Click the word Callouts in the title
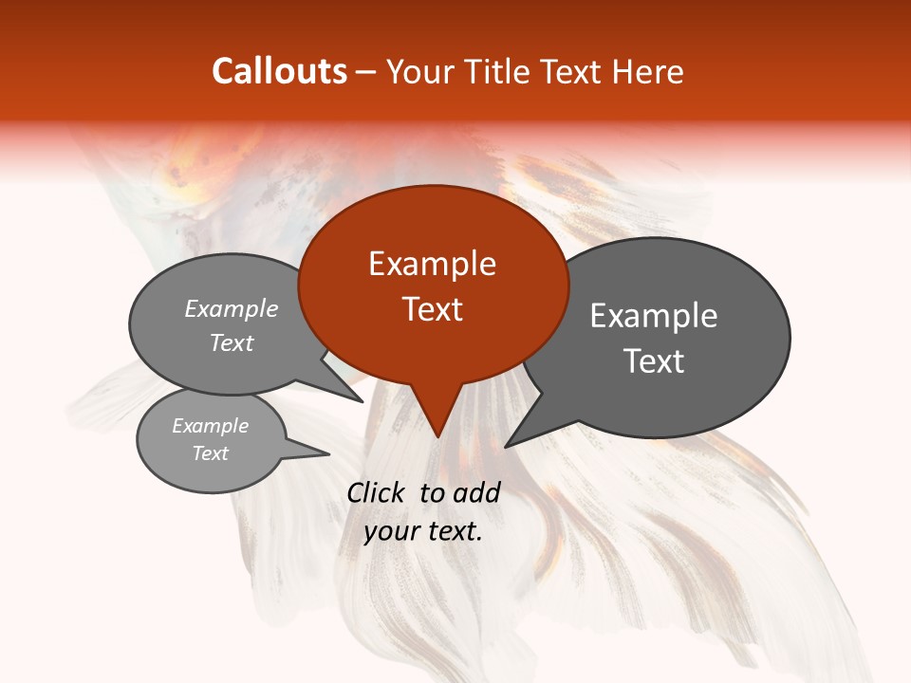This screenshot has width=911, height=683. [x=279, y=71]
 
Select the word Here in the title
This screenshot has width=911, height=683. [x=650, y=71]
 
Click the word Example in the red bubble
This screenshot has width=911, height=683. [x=432, y=264]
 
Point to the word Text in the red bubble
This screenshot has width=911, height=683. [x=432, y=309]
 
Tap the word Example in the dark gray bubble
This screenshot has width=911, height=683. [x=654, y=316]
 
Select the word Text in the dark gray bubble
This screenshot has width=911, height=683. [x=654, y=361]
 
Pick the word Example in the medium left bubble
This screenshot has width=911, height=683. [x=232, y=309]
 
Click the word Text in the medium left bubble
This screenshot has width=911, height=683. [x=232, y=342]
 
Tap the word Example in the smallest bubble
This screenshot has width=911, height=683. [x=211, y=426]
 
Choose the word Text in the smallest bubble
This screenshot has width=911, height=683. [x=211, y=453]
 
